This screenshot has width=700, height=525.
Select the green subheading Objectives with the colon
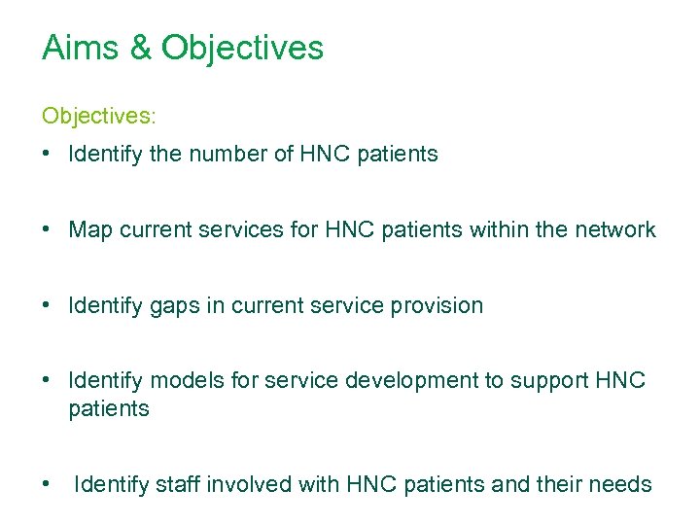[x=98, y=116]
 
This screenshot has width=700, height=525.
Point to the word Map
[x=91, y=229]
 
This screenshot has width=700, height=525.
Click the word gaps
[x=173, y=305]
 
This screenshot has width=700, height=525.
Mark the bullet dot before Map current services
[x=47, y=230]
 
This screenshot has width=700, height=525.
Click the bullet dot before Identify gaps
[x=47, y=306]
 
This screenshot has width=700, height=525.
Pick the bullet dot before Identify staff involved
[x=47, y=484]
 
